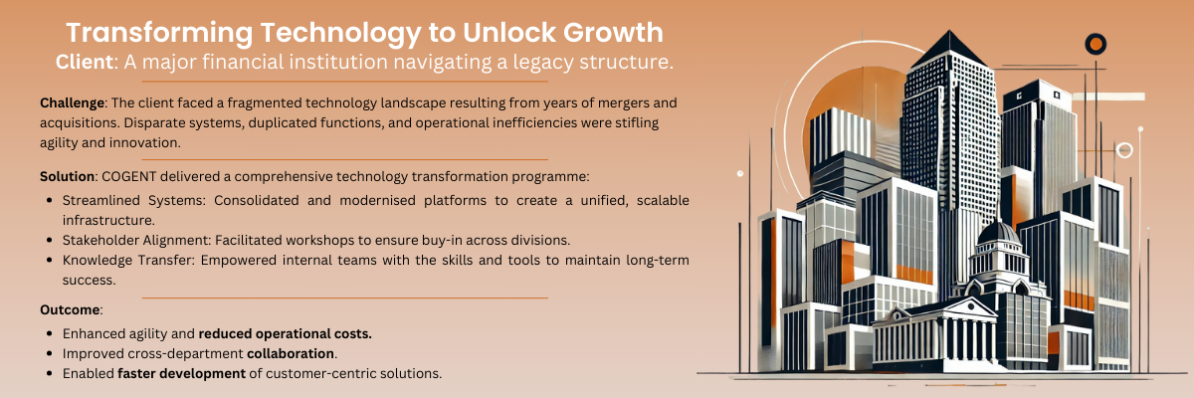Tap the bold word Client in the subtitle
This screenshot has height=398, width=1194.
[85, 62]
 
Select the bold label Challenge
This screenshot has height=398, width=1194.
[72, 102]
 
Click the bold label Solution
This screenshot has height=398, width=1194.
[68, 176]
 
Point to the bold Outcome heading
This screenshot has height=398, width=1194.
[70, 309]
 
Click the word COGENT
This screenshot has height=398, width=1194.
[129, 176]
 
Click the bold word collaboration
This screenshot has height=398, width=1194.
[291, 354]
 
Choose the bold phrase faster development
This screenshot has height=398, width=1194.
[181, 373]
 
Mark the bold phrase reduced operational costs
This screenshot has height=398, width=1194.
[286, 333]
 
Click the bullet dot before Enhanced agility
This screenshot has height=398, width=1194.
[50, 334]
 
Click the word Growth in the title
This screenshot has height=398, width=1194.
[614, 33]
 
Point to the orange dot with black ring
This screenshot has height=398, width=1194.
[1095, 44]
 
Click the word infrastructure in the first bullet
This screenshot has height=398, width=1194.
[108, 220]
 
